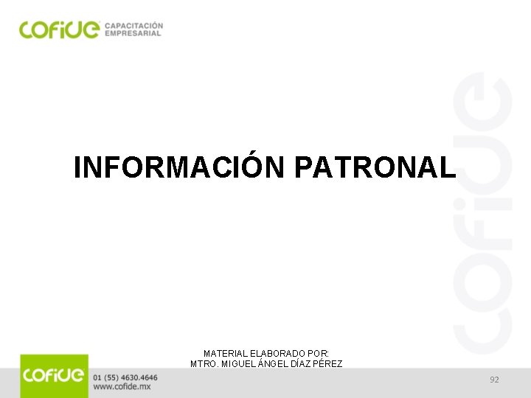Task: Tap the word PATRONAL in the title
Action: [375, 167]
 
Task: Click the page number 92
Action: [494, 380]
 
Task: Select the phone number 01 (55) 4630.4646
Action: [125, 377]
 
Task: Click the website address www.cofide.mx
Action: [122, 387]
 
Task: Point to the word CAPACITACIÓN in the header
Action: [134, 25]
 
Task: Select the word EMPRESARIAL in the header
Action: [133, 33]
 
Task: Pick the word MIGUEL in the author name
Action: [239, 364]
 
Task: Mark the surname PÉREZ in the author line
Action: [330, 364]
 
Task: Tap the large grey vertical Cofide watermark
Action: [483, 214]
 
